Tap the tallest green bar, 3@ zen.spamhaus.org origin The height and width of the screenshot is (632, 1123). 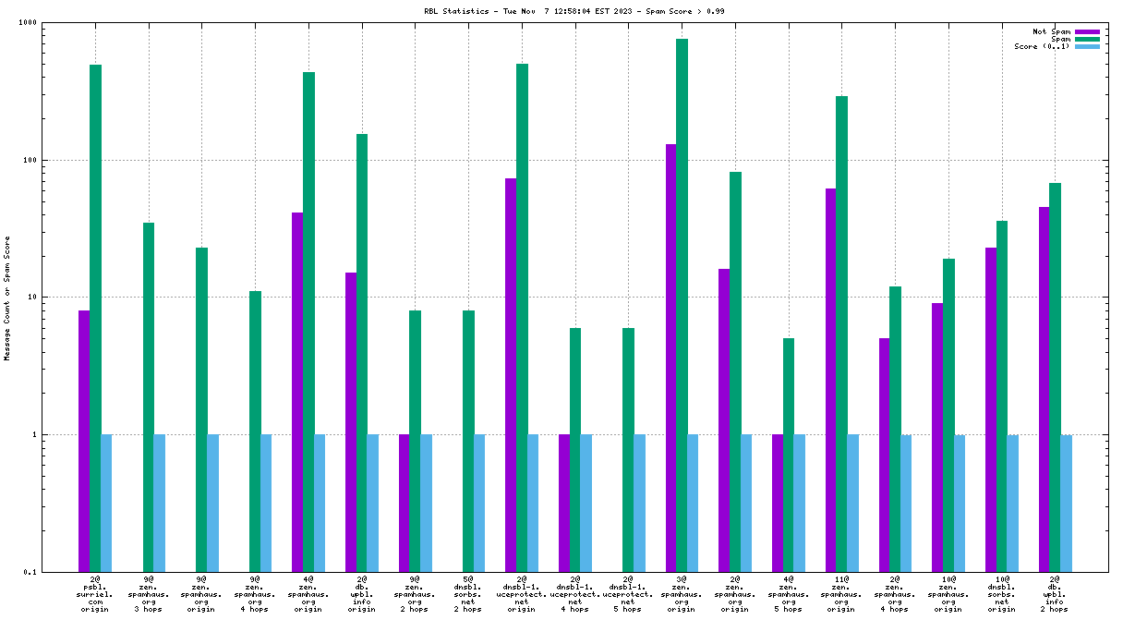[x=682, y=305]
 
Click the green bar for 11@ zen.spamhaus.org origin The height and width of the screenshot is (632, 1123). [x=841, y=334]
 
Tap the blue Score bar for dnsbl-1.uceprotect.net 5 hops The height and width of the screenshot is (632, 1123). [x=639, y=503]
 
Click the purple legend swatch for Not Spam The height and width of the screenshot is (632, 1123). [x=1088, y=31]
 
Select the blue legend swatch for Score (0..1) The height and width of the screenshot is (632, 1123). [x=1088, y=46]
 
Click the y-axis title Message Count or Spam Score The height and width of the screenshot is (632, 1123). [x=7, y=298]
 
